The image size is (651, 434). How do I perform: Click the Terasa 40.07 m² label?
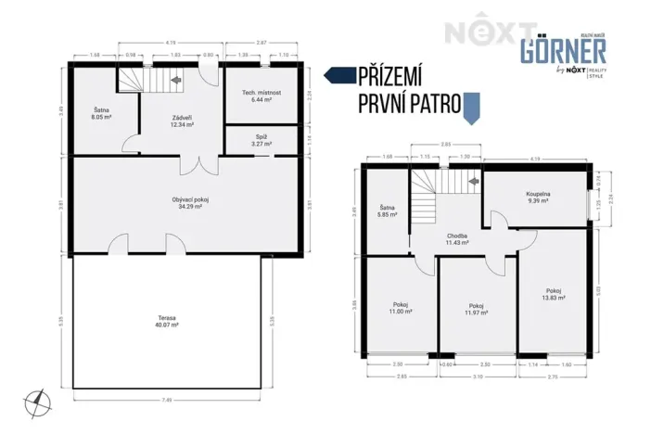(x=167, y=322)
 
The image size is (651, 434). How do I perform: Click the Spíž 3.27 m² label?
(x=262, y=141)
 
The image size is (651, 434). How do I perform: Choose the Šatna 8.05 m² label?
(x=101, y=115)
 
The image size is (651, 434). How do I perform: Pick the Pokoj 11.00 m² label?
(x=401, y=310)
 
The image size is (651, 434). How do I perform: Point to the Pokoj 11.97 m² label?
(x=476, y=310)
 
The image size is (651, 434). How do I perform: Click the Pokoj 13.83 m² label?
(x=554, y=295)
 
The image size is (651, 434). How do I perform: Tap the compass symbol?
(x=38, y=402)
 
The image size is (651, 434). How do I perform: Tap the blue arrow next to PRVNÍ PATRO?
(x=472, y=108)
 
